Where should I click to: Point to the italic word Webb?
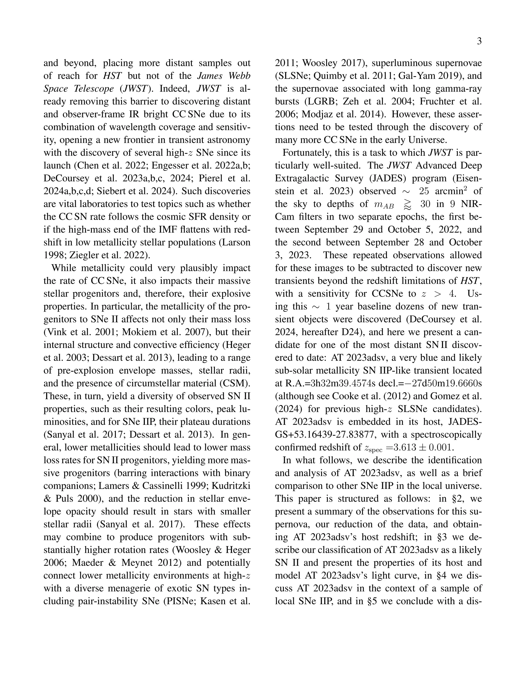[239, 76]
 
